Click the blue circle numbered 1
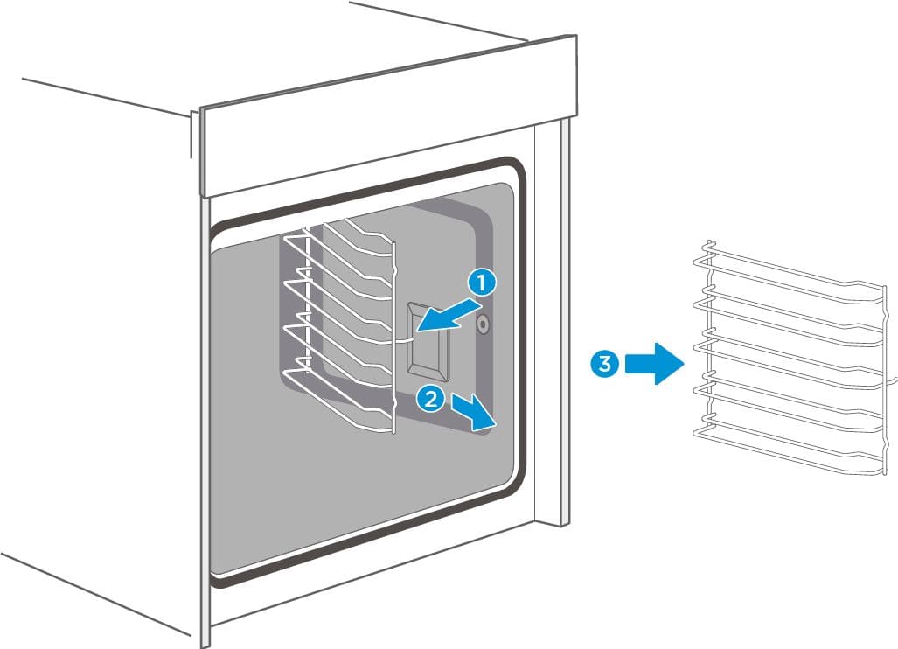482,282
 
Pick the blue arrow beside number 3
656,363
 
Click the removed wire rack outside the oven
787,359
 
